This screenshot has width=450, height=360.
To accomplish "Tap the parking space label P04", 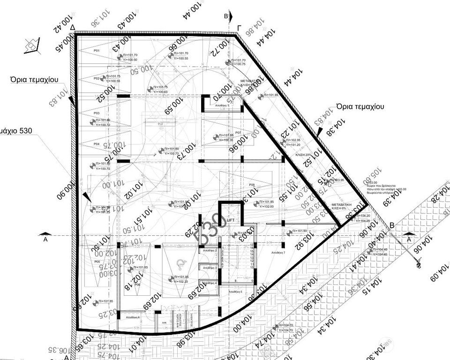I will pyautogui.click(x=97, y=143).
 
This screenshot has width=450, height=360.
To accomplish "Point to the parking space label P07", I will pyautogui.click(x=238, y=133).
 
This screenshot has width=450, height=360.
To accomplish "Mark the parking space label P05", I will pyautogui.click(x=97, y=261).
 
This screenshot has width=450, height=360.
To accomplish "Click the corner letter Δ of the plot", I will pyautogui.click(x=73, y=29).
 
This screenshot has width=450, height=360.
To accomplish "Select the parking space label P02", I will pyautogui.click(x=97, y=78).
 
